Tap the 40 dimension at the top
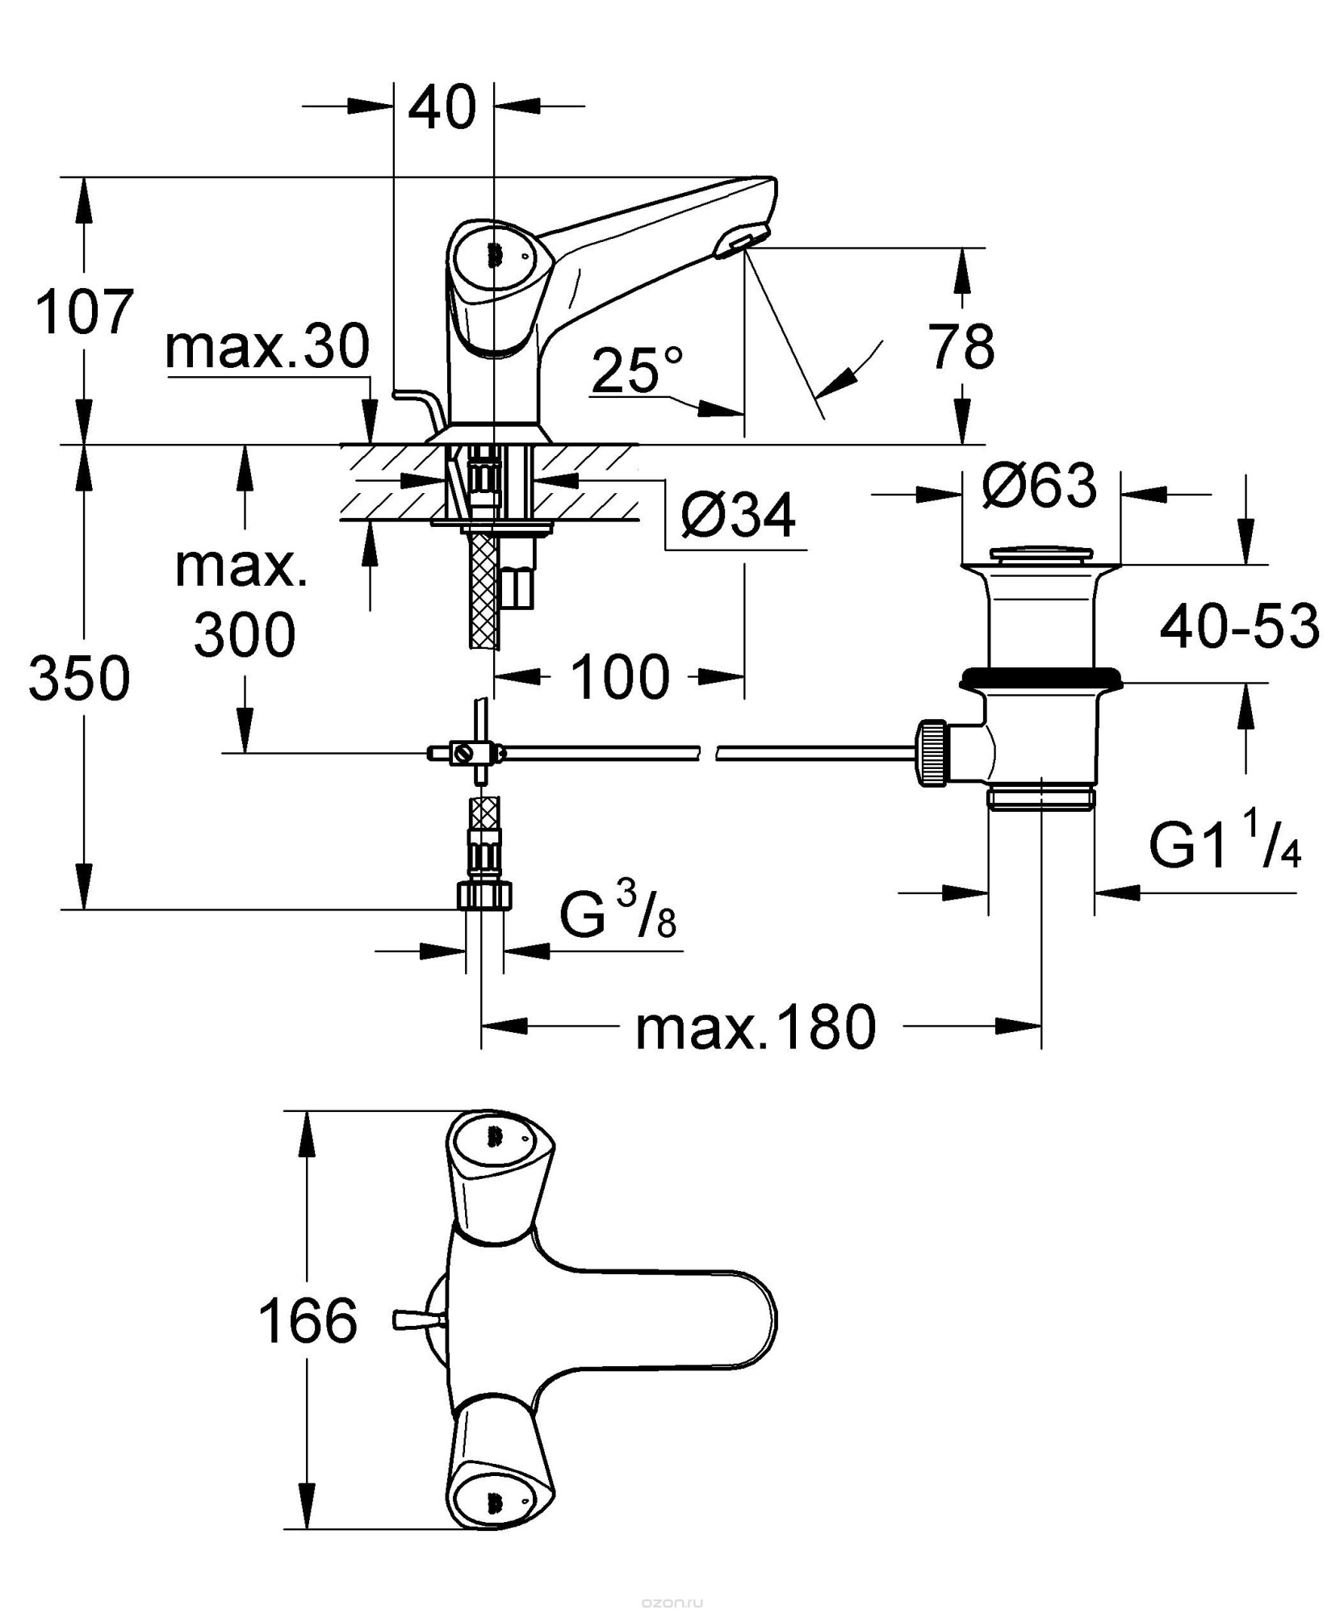[442, 107]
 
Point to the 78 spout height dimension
[961, 346]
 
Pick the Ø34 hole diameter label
[738, 514]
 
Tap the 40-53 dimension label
[1239, 625]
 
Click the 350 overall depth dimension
[79, 678]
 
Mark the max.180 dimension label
[756, 1027]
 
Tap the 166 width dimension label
[308, 1322]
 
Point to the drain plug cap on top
[1040, 554]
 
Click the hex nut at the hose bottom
[484, 895]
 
